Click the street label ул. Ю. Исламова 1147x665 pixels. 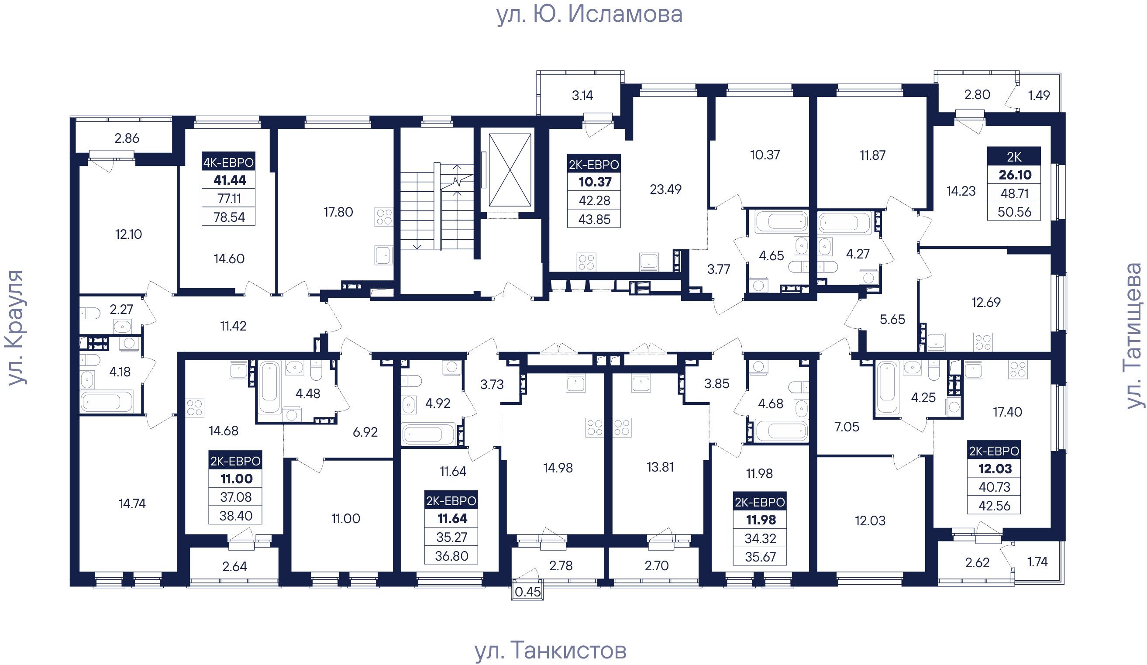589,14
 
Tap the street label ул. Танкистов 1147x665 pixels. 551,651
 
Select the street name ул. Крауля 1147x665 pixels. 15,328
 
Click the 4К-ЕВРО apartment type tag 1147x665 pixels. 228,162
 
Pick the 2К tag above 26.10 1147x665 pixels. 1014,157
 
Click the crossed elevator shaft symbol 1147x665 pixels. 510,170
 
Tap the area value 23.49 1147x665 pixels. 665,189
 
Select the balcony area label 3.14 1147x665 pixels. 582,95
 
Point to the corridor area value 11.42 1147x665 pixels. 233,326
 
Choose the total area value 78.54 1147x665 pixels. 229,217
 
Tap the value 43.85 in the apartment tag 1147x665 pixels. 594,219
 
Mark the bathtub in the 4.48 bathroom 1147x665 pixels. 270,387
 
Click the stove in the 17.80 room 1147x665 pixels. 384,217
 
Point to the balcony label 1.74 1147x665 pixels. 1038,562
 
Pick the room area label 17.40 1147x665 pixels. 1007,412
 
